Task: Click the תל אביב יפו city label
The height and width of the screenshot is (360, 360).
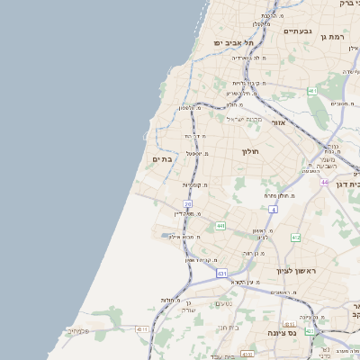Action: [233, 42]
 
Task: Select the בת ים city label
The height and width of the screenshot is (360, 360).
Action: [162, 159]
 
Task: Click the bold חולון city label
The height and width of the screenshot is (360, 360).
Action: [250, 151]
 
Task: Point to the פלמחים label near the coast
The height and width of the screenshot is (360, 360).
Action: [78, 330]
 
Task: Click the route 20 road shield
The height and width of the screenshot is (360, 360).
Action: [187, 204]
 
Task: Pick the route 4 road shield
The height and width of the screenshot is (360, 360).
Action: [273, 209]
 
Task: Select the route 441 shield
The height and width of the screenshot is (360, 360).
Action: [220, 226]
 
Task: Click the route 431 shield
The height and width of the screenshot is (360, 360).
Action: [221, 273]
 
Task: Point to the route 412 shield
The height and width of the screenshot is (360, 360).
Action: [295, 238]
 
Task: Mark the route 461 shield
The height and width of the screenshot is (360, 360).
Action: [311, 91]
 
